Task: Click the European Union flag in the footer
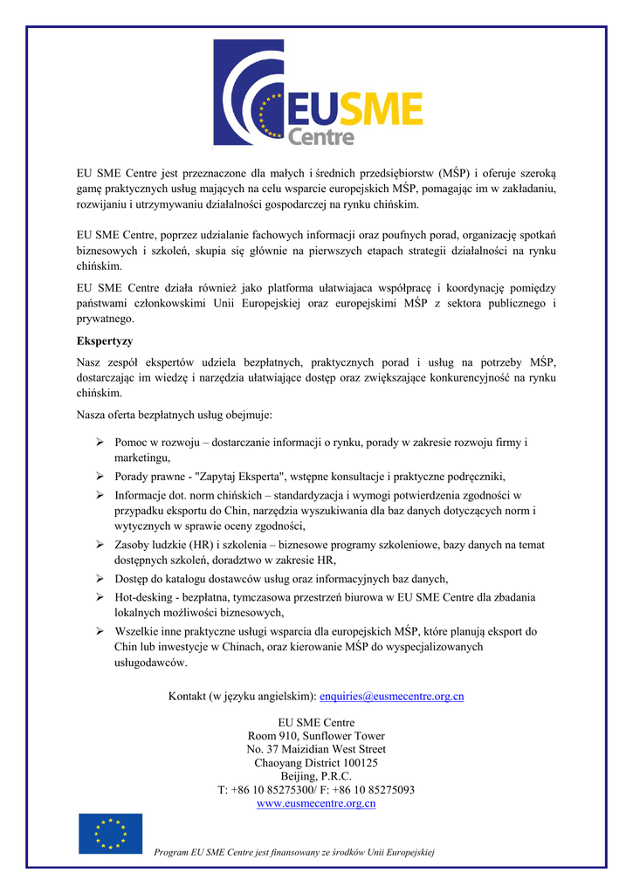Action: [x=110, y=833]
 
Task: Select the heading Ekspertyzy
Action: [x=105, y=340]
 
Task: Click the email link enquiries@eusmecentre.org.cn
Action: [x=392, y=696]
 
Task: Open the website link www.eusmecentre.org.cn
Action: [x=316, y=803]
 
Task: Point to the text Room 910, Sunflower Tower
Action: [x=316, y=736]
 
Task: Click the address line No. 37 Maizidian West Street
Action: [x=316, y=749]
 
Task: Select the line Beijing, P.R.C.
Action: [x=316, y=776]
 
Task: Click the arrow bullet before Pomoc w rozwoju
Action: [x=100, y=443]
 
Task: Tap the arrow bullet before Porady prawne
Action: [x=100, y=477]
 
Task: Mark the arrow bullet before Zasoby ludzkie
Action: [x=100, y=545]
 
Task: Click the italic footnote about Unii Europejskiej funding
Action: [x=293, y=852]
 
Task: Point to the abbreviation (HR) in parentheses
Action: [x=202, y=545]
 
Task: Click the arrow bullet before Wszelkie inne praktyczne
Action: [x=100, y=630]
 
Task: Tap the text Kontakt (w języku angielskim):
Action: [x=241, y=696]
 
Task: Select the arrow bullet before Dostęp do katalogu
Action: [x=100, y=579]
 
